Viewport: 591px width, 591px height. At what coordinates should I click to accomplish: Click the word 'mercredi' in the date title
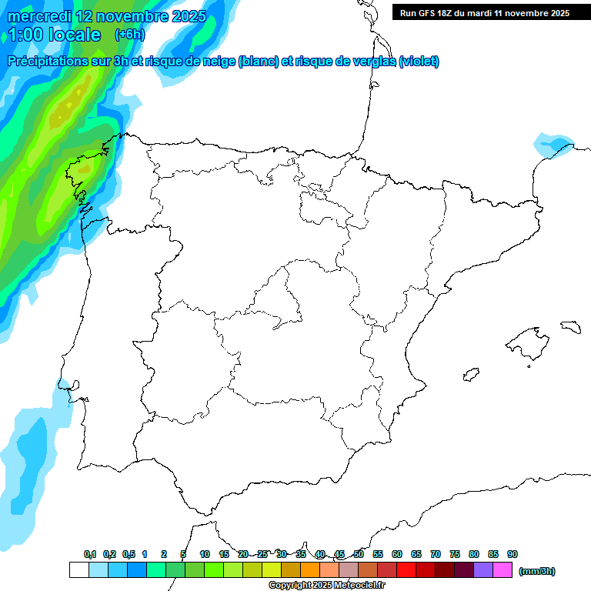coord(40,16)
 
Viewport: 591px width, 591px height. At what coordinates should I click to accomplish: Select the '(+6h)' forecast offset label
coord(129,34)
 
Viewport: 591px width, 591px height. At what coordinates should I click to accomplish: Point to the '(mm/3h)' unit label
coord(536,571)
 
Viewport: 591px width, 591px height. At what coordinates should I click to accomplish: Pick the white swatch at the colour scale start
coord(78,570)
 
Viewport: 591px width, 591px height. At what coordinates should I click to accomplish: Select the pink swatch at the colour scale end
coord(503,570)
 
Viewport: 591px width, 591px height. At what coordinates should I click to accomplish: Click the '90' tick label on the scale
coord(513,554)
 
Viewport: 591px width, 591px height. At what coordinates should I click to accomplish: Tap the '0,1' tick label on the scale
coord(89,554)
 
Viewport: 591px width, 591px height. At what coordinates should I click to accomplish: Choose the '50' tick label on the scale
coord(359,554)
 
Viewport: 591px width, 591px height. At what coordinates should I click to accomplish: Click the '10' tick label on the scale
coord(205,554)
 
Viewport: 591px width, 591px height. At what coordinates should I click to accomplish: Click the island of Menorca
coord(570,326)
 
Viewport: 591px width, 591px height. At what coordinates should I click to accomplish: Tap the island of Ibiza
coord(469,374)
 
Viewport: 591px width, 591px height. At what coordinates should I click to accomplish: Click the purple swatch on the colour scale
coord(483,570)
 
